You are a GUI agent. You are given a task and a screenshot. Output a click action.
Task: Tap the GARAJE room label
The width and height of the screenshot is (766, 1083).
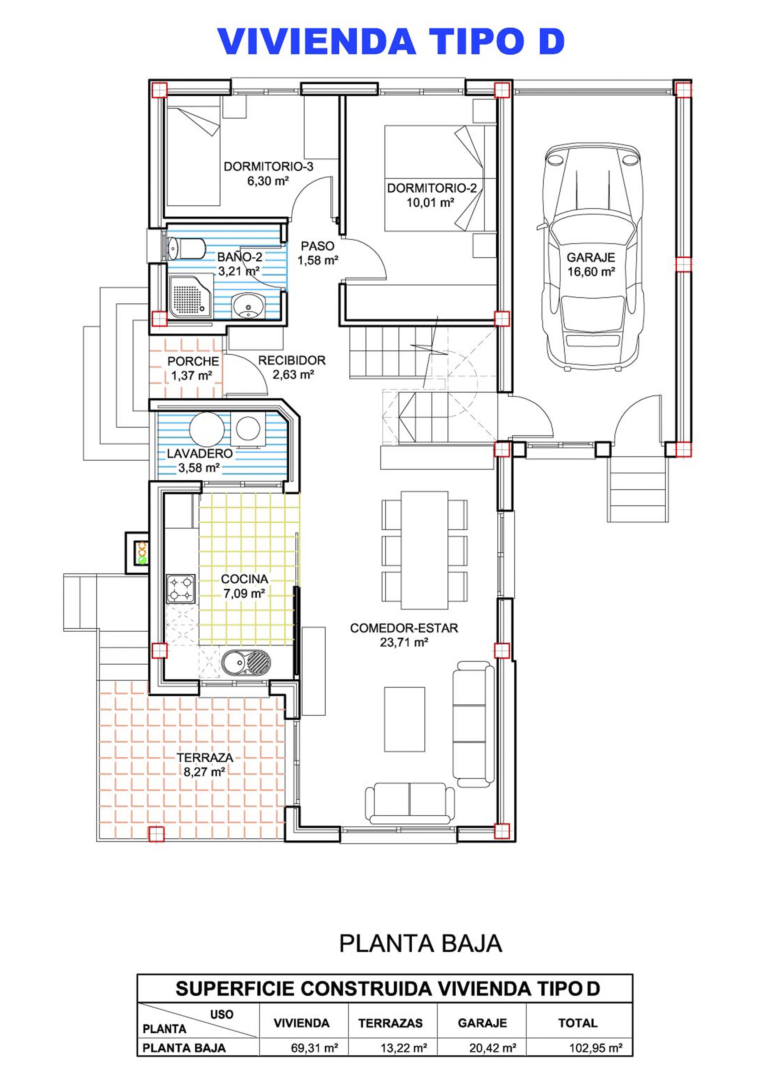pyautogui.click(x=591, y=257)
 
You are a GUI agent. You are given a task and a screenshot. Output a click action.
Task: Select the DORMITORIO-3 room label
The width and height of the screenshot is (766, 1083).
pyautogui.click(x=268, y=166)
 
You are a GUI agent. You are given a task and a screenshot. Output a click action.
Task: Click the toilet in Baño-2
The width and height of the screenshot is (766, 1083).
pyautogui.click(x=187, y=249)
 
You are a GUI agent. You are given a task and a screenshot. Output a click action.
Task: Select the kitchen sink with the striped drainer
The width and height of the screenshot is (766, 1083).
pyautogui.click(x=246, y=663)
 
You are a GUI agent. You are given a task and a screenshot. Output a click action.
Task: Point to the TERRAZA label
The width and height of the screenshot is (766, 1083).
pyautogui.click(x=205, y=758)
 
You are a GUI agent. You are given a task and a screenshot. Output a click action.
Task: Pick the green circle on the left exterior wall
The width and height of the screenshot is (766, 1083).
pyautogui.click(x=141, y=560)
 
